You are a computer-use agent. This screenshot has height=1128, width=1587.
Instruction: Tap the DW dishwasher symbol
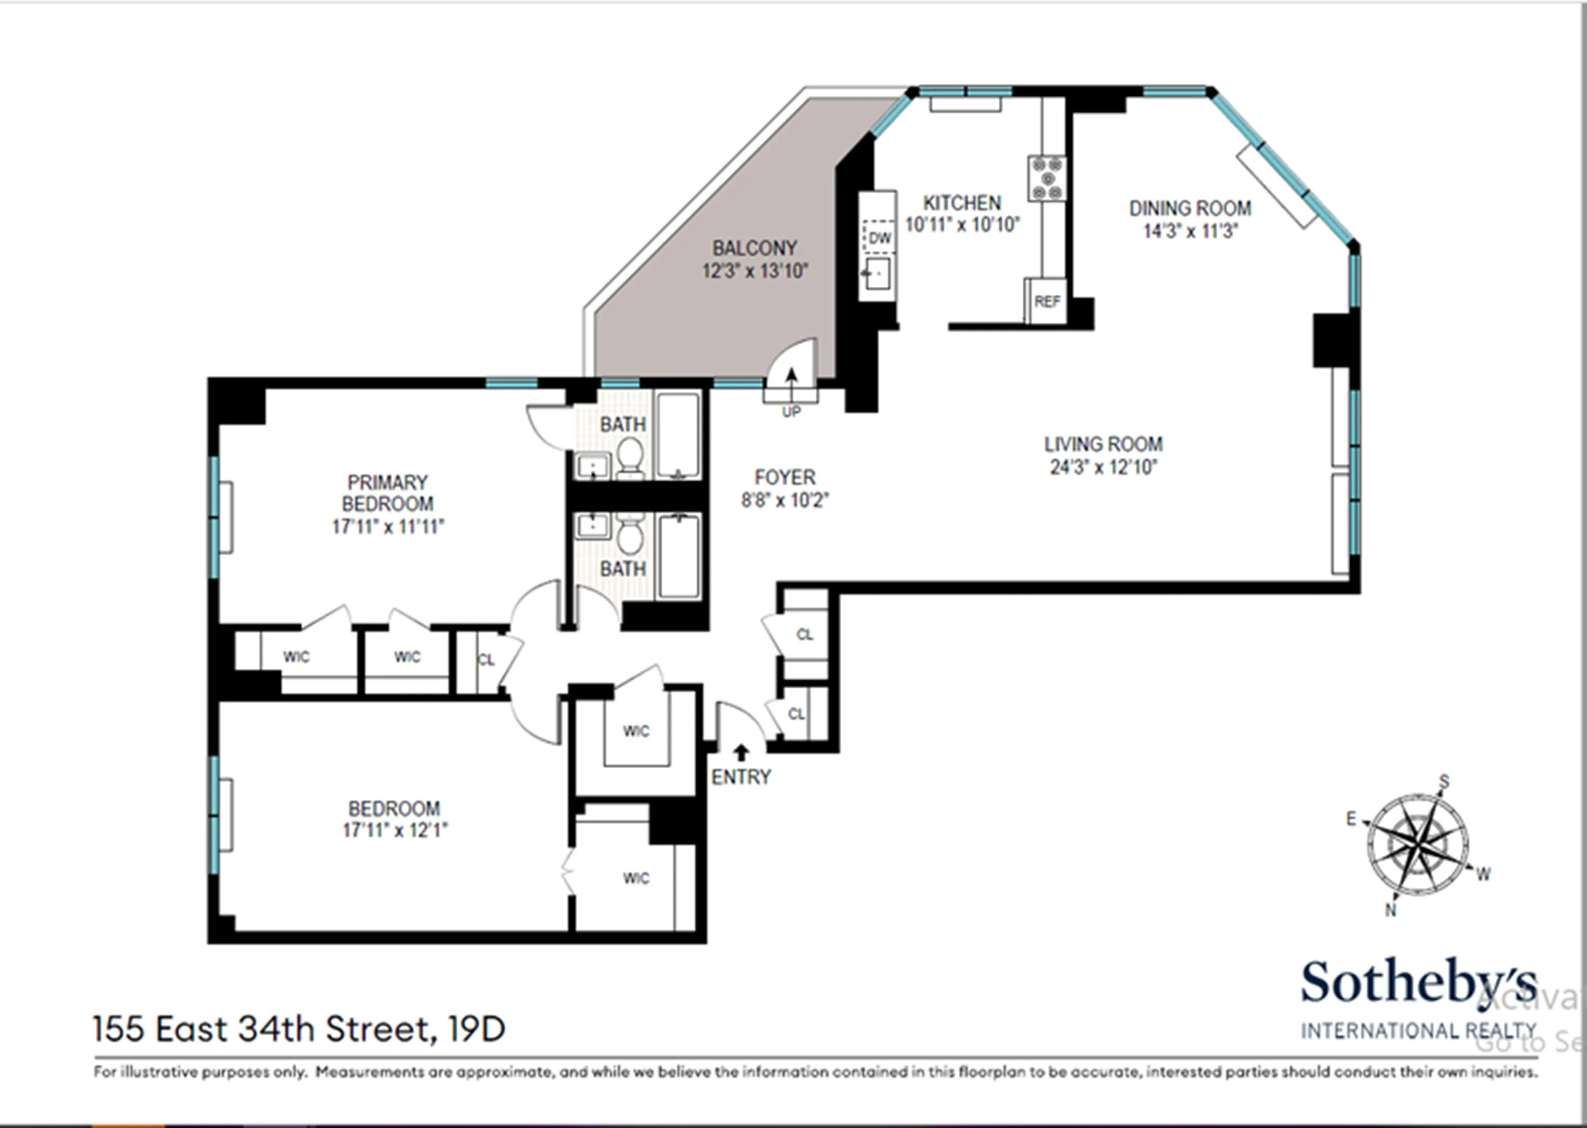tap(879, 238)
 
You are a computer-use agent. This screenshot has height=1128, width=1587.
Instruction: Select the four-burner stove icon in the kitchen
tap(1047, 178)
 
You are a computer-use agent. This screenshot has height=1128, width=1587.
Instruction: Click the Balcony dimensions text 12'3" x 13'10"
tap(755, 270)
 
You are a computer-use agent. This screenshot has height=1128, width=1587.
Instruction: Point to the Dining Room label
tap(1190, 208)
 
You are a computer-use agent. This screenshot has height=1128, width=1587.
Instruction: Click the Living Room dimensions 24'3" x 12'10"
tap(1103, 467)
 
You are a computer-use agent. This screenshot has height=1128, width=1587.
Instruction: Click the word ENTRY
tap(741, 777)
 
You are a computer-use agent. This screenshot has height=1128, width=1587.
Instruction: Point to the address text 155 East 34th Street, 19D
tap(299, 1030)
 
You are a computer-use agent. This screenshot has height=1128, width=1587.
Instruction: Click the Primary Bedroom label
tap(388, 493)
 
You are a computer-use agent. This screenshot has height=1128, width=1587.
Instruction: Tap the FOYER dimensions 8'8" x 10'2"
tap(785, 500)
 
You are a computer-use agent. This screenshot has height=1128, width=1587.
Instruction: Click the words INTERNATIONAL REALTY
tap(1418, 1031)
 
